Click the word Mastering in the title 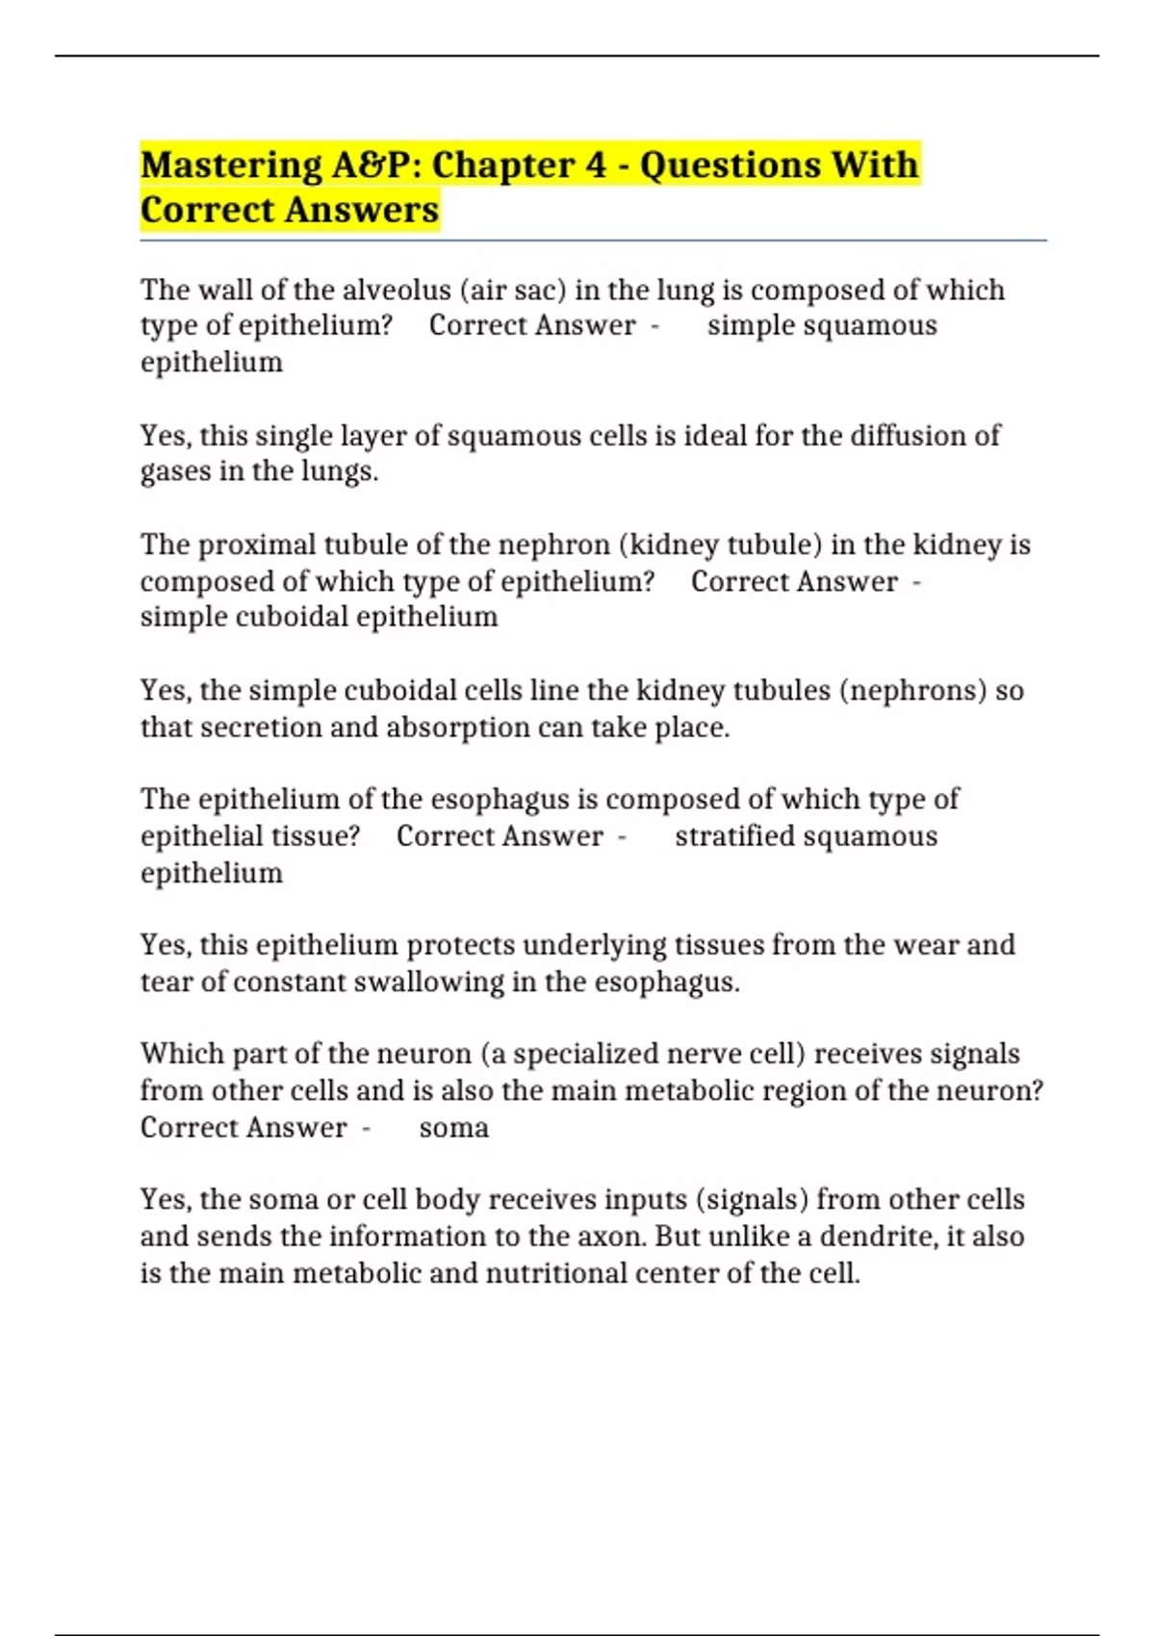click(x=231, y=166)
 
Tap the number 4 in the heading click(x=596, y=166)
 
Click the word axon click(x=609, y=1237)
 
